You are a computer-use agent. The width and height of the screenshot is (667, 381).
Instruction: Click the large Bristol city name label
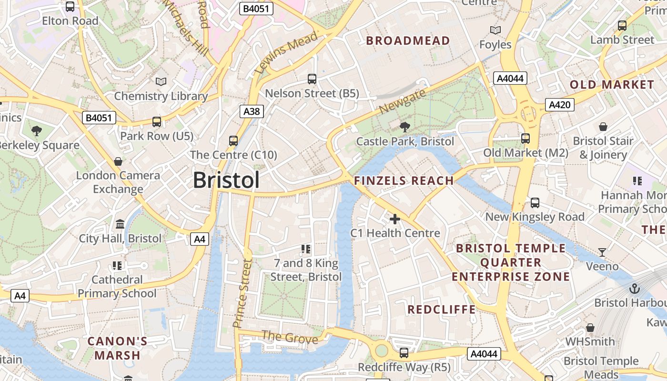tap(226, 180)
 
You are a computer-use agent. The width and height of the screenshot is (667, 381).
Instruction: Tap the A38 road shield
tap(252, 111)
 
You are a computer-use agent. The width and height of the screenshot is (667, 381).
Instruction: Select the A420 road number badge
tap(559, 105)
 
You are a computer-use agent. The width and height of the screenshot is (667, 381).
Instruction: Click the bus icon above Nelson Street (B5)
tap(312, 79)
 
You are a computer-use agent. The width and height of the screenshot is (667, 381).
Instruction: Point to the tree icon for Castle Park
tap(404, 127)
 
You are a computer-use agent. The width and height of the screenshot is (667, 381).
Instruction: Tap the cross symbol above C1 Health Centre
tap(395, 219)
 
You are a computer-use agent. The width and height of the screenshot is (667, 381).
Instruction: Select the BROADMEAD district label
tap(408, 41)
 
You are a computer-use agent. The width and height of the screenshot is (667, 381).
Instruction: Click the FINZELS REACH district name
tap(404, 180)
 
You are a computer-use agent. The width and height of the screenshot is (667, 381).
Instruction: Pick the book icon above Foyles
tap(495, 30)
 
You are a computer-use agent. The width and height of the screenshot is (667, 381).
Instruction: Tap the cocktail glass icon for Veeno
tap(602, 252)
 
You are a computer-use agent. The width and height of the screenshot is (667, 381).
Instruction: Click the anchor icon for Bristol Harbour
tap(634, 289)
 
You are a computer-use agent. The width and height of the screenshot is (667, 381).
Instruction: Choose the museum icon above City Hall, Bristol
tap(120, 224)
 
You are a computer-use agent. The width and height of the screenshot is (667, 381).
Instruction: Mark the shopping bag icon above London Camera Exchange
tap(118, 161)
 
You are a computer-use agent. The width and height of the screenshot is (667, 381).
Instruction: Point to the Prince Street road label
tap(242, 293)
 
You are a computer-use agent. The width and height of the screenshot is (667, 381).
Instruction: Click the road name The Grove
tap(290, 338)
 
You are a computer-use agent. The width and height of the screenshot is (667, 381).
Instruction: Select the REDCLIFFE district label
tap(441, 310)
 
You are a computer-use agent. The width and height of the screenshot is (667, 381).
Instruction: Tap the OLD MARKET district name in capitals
tap(612, 85)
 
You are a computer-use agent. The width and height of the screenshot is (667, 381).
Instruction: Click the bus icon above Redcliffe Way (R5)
tap(404, 353)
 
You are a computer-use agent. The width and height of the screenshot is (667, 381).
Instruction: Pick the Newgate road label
tap(402, 102)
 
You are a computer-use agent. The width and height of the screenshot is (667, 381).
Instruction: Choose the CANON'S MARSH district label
tap(117, 348)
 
